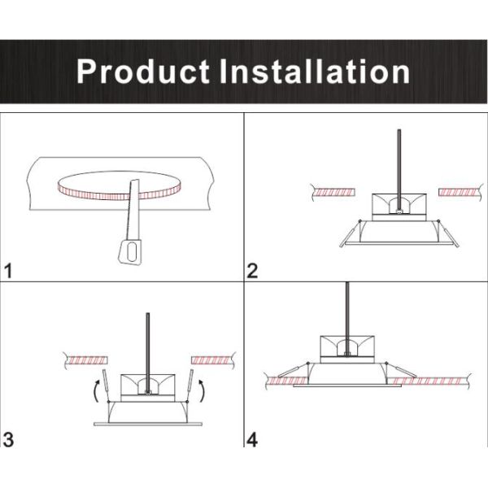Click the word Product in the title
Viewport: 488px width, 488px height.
[143, 72]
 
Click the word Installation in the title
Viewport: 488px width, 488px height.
[315, 72]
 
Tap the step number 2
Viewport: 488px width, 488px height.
[252, 272]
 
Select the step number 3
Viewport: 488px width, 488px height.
[9, 440]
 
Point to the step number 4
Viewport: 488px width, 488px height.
[252, 440]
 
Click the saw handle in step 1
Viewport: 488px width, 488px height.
[129, 252]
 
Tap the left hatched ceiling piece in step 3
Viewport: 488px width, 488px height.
[85, 359]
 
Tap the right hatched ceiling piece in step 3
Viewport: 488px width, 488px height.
[211, 359]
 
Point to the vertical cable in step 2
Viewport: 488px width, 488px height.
[399, 163]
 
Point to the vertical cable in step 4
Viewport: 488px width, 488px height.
[348, 309]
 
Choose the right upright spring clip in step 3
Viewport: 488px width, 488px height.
[191, 382]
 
